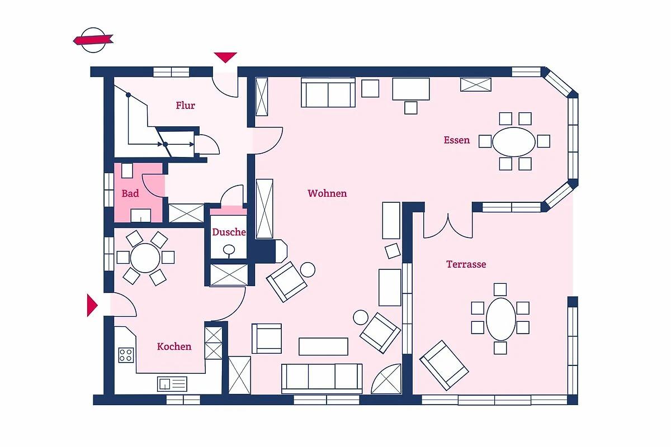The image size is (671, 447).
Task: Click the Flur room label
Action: (185, 106)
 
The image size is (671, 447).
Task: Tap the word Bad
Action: (130, 193)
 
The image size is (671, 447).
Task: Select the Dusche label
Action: (229, 232)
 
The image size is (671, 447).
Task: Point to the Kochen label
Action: (174, 346)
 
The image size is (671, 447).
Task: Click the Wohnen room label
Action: (327, 193)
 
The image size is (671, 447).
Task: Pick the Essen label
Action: (456, 140)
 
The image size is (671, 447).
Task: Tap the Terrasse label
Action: (466, 264)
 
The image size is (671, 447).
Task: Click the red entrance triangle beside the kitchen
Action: (92, 305)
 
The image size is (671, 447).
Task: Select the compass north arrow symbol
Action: (93, 40)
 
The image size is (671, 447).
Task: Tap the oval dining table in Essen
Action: (514, 141)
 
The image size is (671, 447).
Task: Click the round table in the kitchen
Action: (145, 258)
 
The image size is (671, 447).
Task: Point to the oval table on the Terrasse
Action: (500, 319)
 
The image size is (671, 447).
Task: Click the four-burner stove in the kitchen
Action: (126, 355)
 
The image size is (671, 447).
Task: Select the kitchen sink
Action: (172, 384)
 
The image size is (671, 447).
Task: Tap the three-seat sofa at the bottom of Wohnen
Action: (322, 378)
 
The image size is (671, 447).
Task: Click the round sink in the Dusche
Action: (229, 249)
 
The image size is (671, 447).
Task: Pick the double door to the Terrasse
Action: (448, 226)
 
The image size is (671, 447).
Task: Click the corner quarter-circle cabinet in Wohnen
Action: (386, 379)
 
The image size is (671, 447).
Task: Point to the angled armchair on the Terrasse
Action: (444, 365)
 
